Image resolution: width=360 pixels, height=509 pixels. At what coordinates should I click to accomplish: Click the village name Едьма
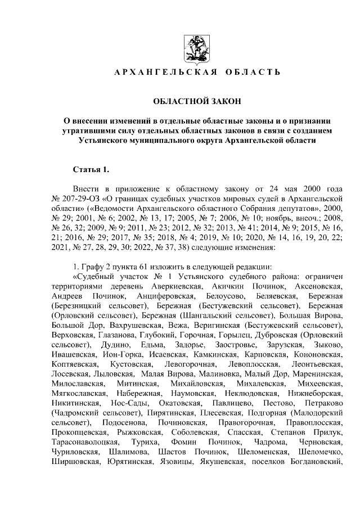tap(150, 344)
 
